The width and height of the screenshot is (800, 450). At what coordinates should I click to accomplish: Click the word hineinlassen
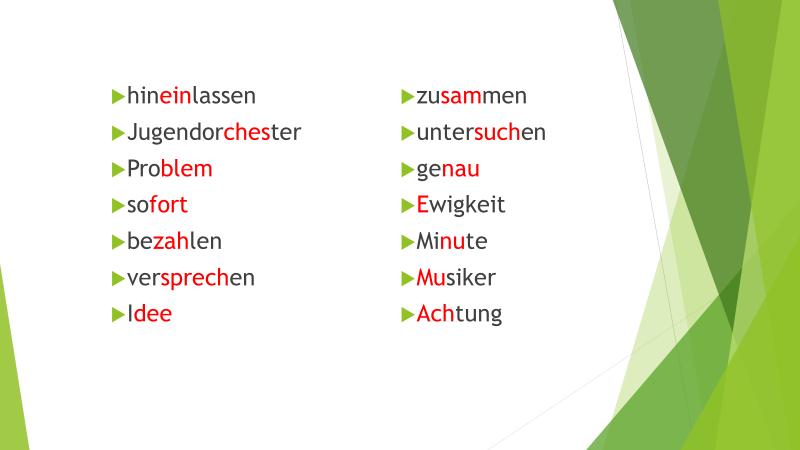click(191, 96)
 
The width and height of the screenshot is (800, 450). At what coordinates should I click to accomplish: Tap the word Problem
click(169, 169)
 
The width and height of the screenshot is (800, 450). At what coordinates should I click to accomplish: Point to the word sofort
click(157, 205)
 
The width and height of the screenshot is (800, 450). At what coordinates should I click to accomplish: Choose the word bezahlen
click(174, 241)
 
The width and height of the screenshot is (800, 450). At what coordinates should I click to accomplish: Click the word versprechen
click(191, 279)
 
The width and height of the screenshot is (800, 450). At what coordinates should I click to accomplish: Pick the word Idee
click(149, 314)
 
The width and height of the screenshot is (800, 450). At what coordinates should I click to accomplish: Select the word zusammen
click(471, 96)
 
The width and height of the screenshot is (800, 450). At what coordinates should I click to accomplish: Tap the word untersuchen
click(481, 133)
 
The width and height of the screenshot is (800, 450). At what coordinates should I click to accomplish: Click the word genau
click(448, 170)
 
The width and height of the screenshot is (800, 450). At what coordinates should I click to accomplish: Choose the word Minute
click(452, 241)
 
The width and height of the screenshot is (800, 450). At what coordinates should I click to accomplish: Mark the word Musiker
click(456, 278)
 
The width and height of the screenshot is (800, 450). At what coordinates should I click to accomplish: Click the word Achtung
click(459, 315)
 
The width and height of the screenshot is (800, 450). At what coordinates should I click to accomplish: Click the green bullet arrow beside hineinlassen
click(118, 96)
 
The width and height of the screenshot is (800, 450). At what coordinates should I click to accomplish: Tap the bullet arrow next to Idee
click(118, 314)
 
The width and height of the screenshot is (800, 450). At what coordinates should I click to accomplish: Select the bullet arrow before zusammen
click(408, 96)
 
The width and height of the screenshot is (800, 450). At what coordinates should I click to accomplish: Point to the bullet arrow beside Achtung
click(408, 314)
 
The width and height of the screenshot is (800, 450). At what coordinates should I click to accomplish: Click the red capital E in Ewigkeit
click(422, 205)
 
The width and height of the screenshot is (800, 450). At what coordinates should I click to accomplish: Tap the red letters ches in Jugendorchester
click(247, 133)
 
